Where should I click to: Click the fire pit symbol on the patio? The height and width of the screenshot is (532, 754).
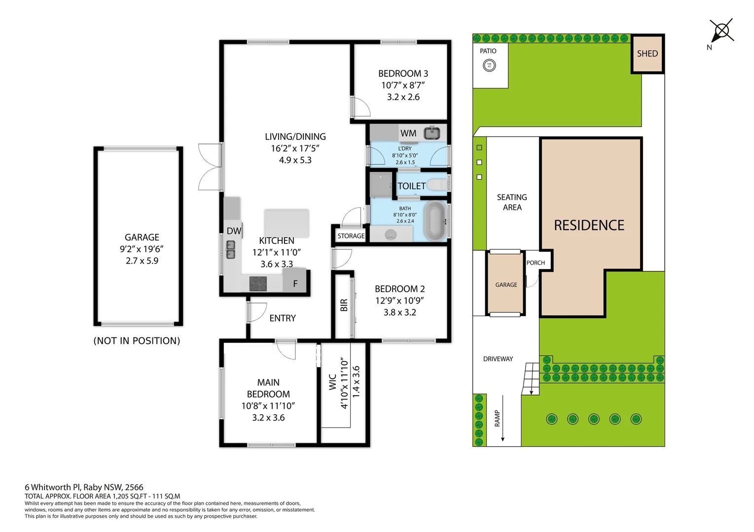tap(489, 65)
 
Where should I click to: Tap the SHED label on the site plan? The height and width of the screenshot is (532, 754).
tap(647, 54)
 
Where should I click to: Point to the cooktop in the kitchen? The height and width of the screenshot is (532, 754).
tap(258, 283)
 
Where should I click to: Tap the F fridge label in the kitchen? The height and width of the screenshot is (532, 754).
tap(295, 284)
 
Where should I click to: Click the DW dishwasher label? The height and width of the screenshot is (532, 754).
tap(234, 231)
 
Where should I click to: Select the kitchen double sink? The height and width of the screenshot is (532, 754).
tap(231, 250)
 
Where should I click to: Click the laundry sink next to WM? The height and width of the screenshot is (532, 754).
tap(432, 133)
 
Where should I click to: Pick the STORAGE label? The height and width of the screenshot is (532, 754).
tap(351, 236)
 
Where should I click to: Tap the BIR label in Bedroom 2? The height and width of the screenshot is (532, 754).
tap(344, 305)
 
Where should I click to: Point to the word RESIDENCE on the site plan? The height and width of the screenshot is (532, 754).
tap(589, 225)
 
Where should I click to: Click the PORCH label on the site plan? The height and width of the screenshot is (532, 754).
tap(535, 263)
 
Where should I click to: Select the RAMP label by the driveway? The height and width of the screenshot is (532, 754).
tap(497, 418)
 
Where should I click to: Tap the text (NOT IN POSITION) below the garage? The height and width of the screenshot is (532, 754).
tap(137, 341)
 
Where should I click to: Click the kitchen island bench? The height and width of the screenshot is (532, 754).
tap(287, 223)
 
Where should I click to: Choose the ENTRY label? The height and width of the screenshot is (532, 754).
tap(283, 318)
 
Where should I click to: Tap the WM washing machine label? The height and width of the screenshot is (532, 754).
tap(408, 133)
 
